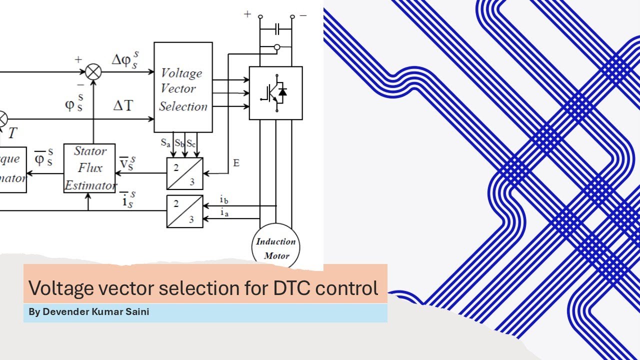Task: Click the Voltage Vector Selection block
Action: click(x=183, y=87)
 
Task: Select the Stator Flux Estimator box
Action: click(x=89, y=168)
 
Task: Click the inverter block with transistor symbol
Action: click(x=275, y=93)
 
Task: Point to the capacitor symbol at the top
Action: click(x=276, y=30)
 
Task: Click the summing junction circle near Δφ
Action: click(x=93, y=72)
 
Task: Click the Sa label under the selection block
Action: click(x=165, y=142)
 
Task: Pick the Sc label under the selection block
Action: click(x=191, y=142)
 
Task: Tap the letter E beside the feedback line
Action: click(x=236, y=163)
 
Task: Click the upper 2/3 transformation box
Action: click(x=184, y=173)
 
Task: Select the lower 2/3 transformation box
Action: click(x=184, y=211)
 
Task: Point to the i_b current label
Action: click(x=224, y=200)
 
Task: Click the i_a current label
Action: click(x=224, y=213)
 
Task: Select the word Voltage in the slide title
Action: click(x=59, y=288)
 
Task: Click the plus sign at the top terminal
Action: click(x=247, y=14)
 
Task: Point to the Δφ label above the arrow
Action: click(x=123, y=60)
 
